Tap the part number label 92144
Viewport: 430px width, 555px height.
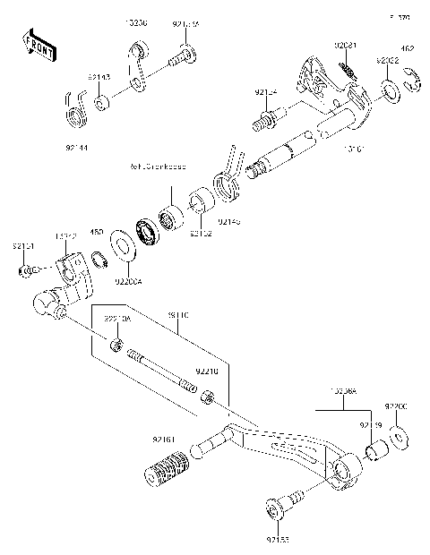coord(77,146)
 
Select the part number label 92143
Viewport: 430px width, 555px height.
coord(99,79)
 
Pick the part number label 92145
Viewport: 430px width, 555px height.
coord(229,219)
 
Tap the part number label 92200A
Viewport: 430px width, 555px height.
coord(127,280)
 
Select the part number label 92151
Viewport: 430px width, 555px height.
coord(23,244)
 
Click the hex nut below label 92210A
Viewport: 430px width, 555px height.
coord(116,345)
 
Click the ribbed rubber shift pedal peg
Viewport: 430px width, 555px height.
coord(168,468)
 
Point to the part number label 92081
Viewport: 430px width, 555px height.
coord(347,46)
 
